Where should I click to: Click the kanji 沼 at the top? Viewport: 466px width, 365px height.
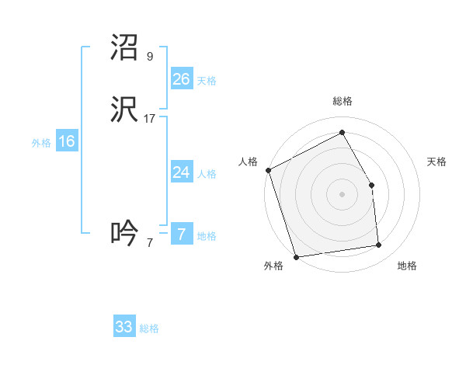point(125,48)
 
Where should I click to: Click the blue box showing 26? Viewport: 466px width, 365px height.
point(182,79)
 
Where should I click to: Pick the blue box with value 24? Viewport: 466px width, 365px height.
point(182,172)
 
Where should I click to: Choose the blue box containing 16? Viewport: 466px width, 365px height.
point(67,141)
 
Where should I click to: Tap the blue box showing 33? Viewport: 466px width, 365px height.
point(124,327)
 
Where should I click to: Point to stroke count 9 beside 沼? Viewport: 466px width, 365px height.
point(149,57)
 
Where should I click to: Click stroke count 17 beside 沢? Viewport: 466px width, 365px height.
point(150,119)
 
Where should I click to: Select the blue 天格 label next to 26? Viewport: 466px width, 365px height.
point(206,81)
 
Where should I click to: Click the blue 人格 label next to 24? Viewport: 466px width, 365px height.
point(206,174)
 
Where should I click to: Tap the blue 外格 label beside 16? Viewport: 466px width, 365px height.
point(41,143)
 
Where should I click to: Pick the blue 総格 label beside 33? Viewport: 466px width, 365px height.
point(148,328)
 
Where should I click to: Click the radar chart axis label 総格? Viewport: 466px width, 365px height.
point(342,101)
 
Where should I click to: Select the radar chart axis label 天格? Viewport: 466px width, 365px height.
point(436,162)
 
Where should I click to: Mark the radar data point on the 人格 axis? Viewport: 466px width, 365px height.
point(268,170)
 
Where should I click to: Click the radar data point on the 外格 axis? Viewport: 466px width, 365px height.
point(296,255)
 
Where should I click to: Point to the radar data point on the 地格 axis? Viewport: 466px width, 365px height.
point(379,245)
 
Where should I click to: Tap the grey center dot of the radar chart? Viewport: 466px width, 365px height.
point(342,194)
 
